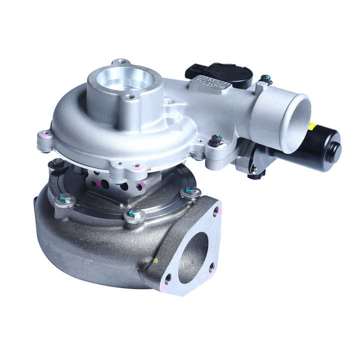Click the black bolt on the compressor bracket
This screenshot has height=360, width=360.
pyautogui.click(x=216, y=140)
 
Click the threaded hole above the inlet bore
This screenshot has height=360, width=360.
pyautogui.click(x=121, y=63)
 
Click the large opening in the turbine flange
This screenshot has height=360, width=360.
pyautogui.click(x=193, y=250)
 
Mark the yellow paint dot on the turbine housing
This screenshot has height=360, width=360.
pyautogui.click(x=155, y=260)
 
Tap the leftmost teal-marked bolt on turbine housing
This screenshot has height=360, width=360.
pyautogui.click(x=66, y=198)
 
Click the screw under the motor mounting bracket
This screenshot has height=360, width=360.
pyautogui.click(x=254, y=172)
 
